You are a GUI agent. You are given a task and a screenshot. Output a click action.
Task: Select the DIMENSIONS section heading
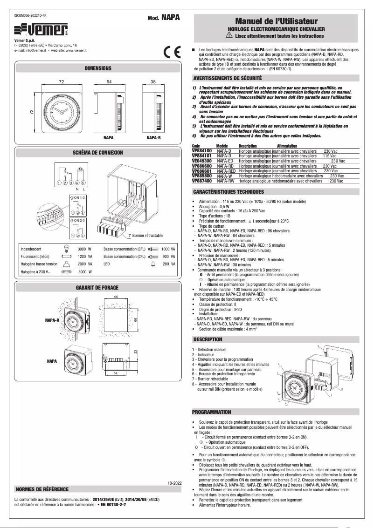pos(98,68)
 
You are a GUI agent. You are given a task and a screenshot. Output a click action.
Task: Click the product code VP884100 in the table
pos(201,151)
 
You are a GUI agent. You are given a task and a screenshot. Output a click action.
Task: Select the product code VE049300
pos(201,161)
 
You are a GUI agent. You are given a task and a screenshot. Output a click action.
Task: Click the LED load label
pos(107,264)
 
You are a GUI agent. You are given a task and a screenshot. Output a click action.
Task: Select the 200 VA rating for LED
pos(169,264)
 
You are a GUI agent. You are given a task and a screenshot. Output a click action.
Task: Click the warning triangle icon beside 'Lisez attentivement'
pos(229,35)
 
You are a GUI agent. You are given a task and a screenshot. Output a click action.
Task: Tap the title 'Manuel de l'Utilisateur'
pos(276,21)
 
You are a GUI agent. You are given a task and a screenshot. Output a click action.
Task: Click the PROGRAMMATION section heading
pos(212,412)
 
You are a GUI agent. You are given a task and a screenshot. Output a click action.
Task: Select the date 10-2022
pos(173,483)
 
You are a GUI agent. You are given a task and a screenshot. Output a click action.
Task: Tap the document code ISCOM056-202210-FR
pos(34,15)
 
